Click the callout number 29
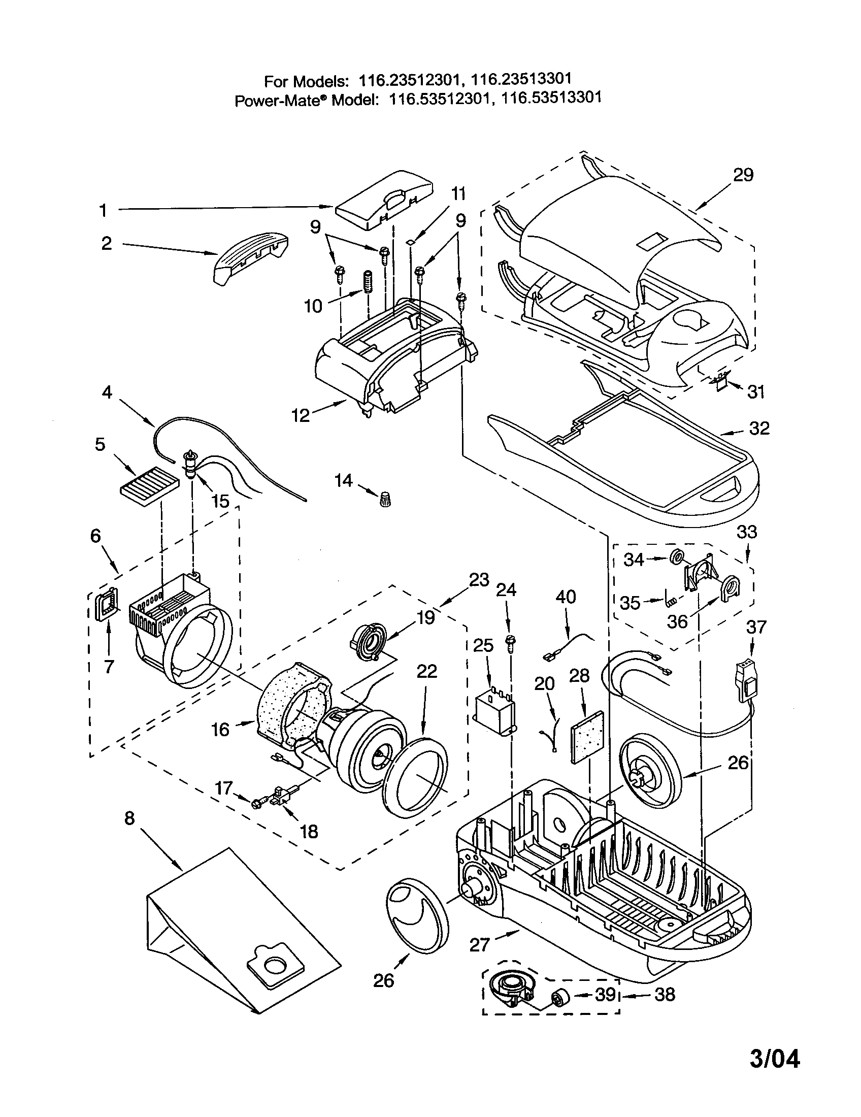743,176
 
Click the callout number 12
301,415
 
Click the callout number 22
427,671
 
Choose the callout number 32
759,428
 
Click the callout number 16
221,729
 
